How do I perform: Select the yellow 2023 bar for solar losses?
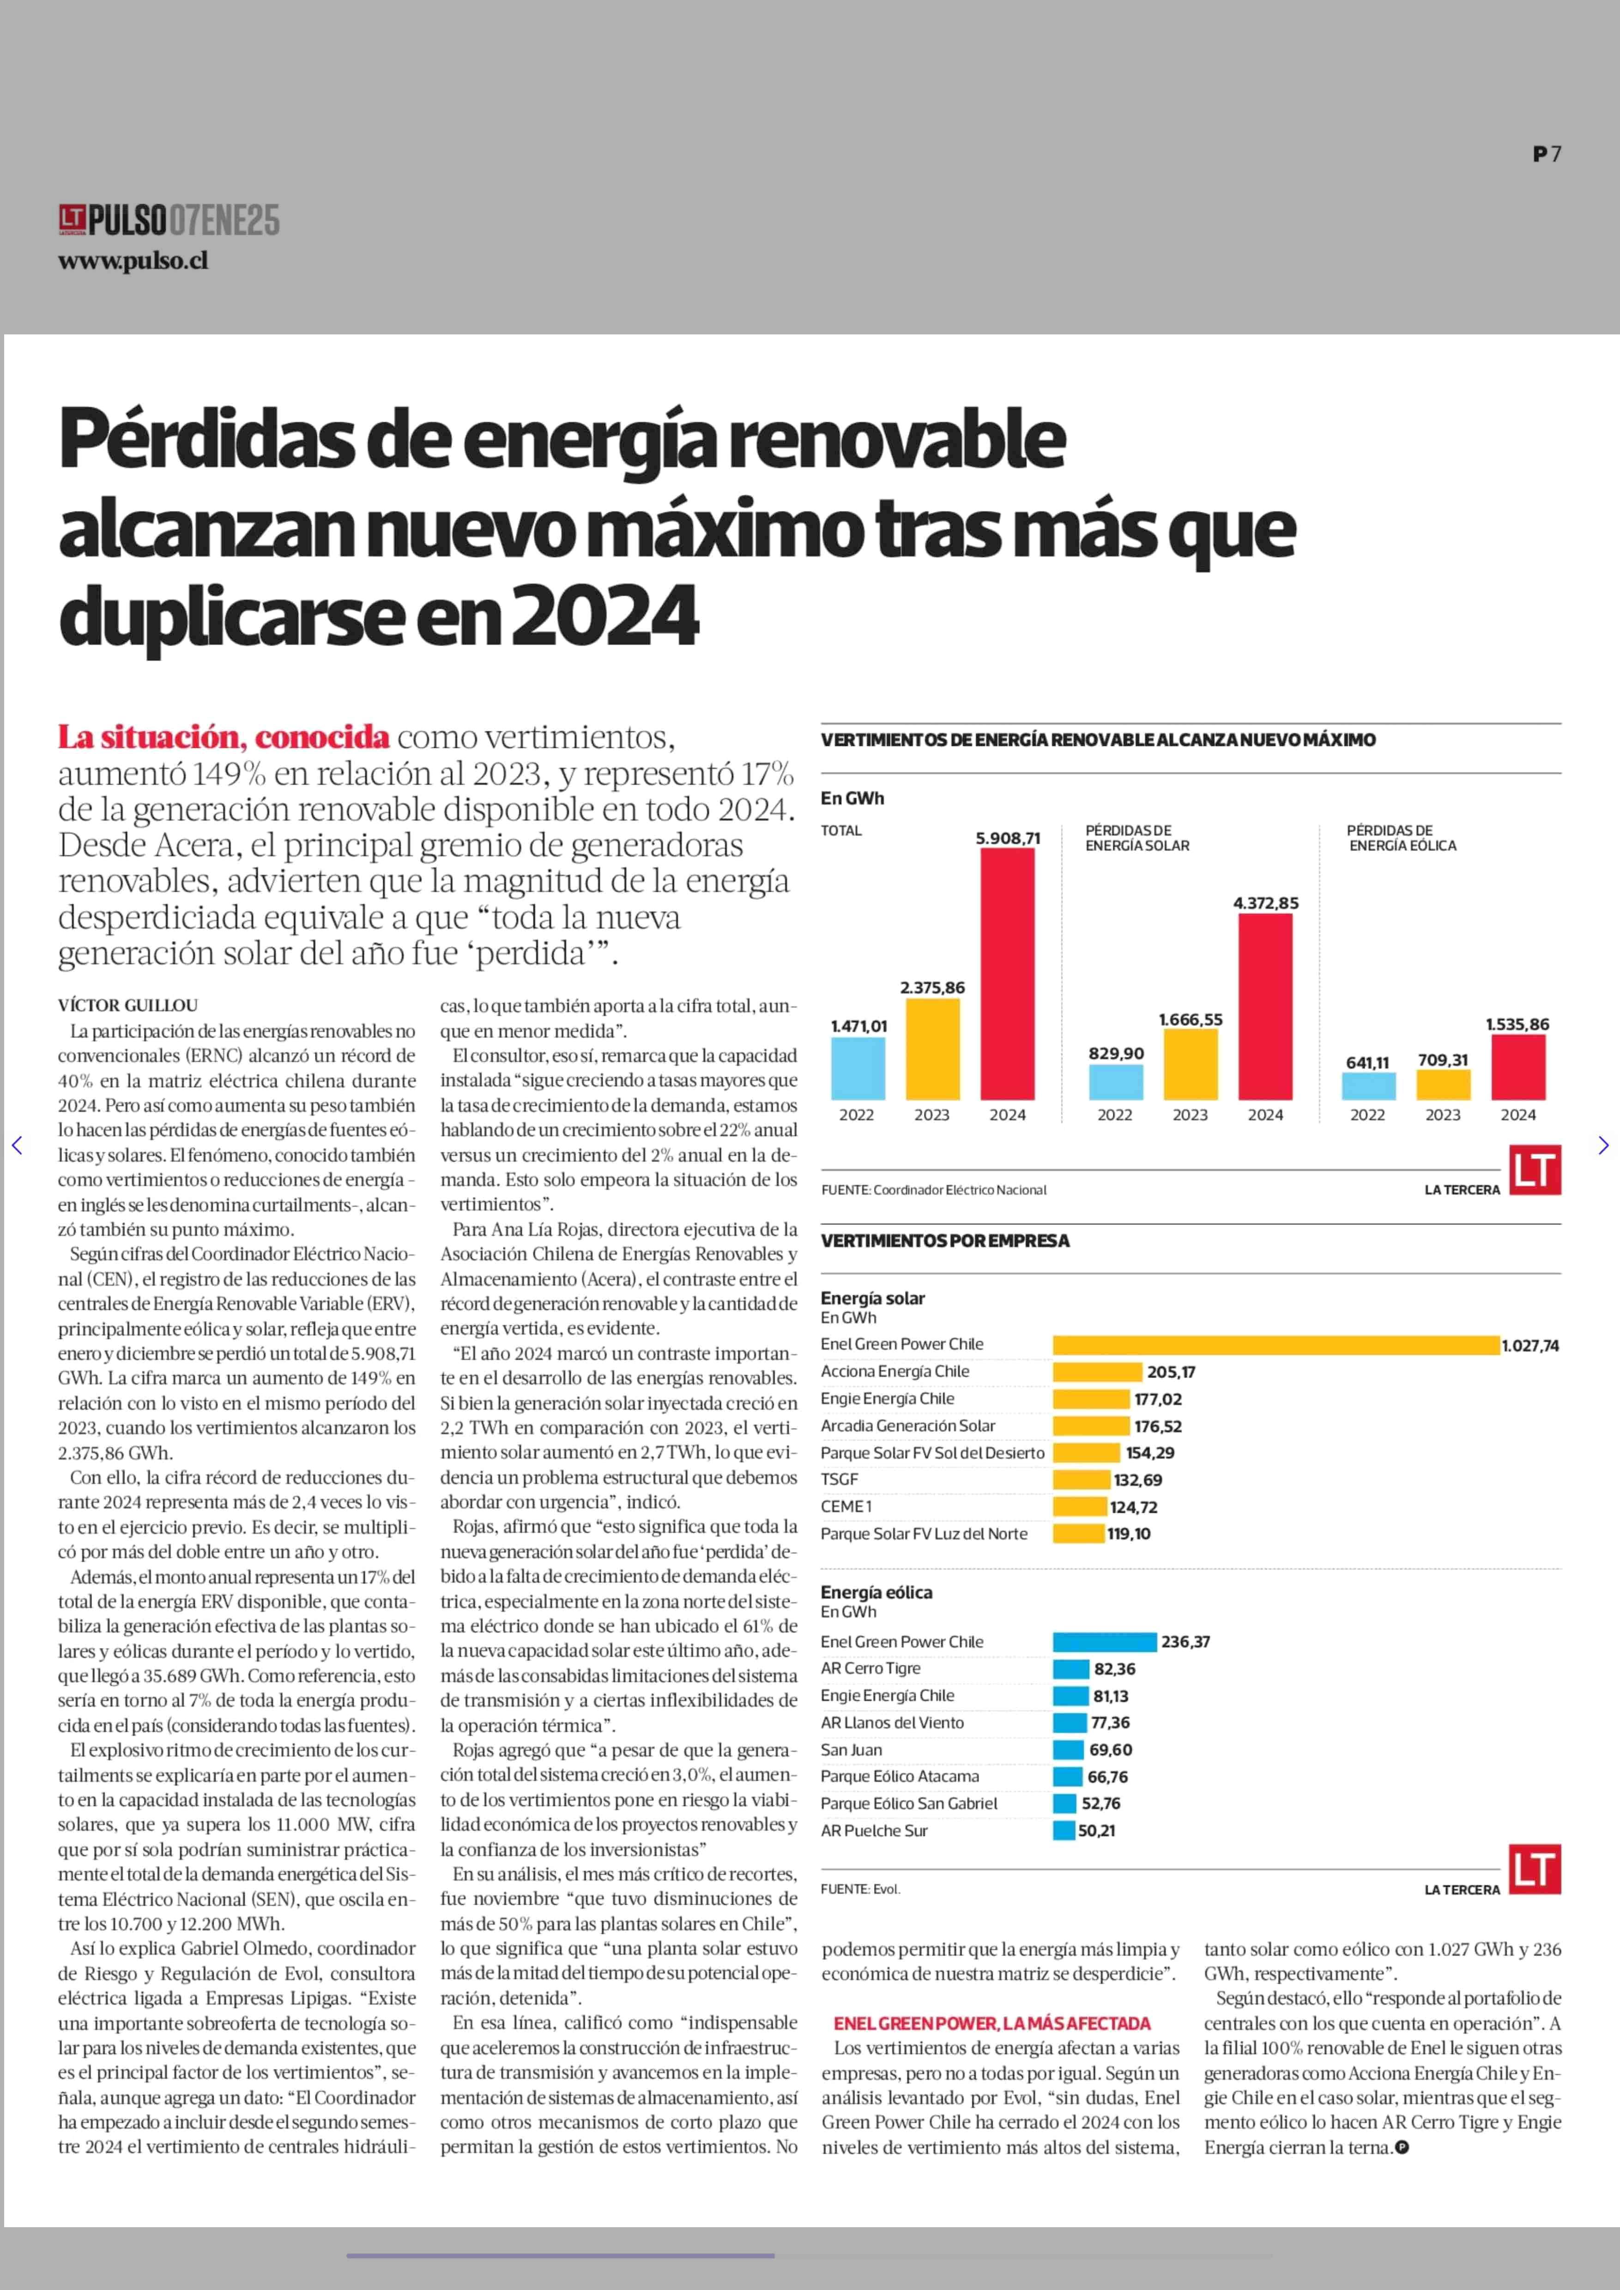1190,1064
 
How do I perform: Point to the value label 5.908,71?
1008,838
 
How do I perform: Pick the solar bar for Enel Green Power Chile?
1275,1345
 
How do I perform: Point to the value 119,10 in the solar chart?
1128,1533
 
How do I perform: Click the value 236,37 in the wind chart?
1185,1642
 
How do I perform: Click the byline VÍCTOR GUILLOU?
127,1005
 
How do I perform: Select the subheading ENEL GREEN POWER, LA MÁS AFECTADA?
991,2023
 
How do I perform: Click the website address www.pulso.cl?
133,261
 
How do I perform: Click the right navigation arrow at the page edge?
1603,1145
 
